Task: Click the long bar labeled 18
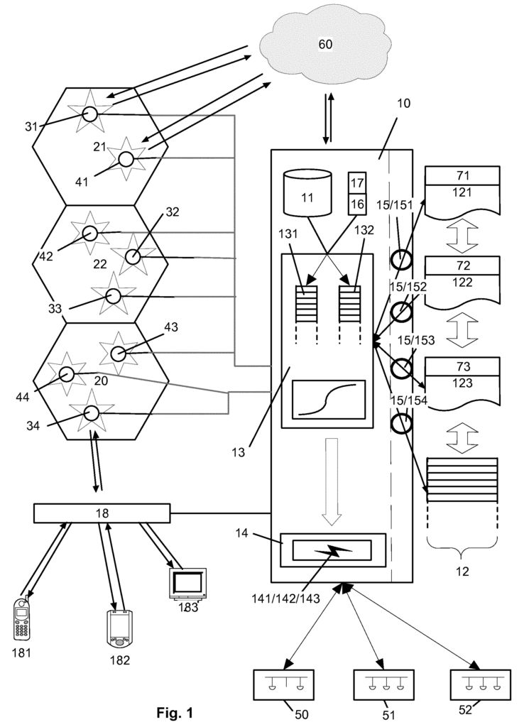click(102, 513)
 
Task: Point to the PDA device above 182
click(117, 627)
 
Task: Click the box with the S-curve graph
click(329, 398)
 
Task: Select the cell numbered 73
click(462, 366)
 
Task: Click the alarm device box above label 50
click(285, 686)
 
